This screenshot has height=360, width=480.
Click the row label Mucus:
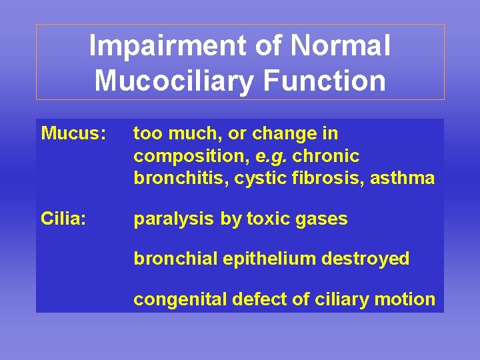click(x=73, y=134)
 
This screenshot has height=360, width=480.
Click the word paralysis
click(x=175, y=219)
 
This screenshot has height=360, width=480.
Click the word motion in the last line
click(x=407, y=299)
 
